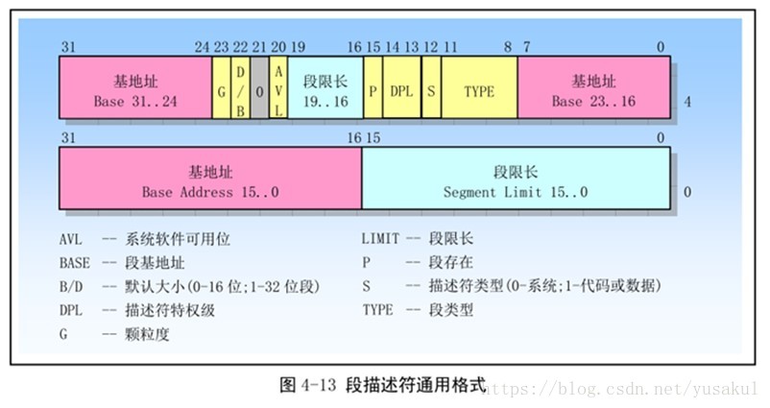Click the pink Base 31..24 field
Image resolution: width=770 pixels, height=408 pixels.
click(135, 87)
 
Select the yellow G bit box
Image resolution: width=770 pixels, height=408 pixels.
click(221, 87)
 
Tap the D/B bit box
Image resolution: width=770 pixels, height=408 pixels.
click(240, 87)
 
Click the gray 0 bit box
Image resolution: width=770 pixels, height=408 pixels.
click(259, 87)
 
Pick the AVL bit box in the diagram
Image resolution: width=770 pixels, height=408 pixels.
click(278, 87)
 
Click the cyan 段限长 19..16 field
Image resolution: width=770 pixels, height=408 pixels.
click(325, 87)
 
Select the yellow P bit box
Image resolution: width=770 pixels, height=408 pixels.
click(373, 87)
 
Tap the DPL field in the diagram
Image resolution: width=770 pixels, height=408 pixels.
click(402, 87)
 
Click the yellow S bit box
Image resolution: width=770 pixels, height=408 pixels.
click(431, 87)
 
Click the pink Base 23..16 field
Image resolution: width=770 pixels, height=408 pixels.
click(594, 87)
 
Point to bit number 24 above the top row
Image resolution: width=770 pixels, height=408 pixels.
click(201, 47)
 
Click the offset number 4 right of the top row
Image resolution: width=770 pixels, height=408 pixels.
click(687, 101)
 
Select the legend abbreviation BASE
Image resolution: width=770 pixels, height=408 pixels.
click(75, 262)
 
